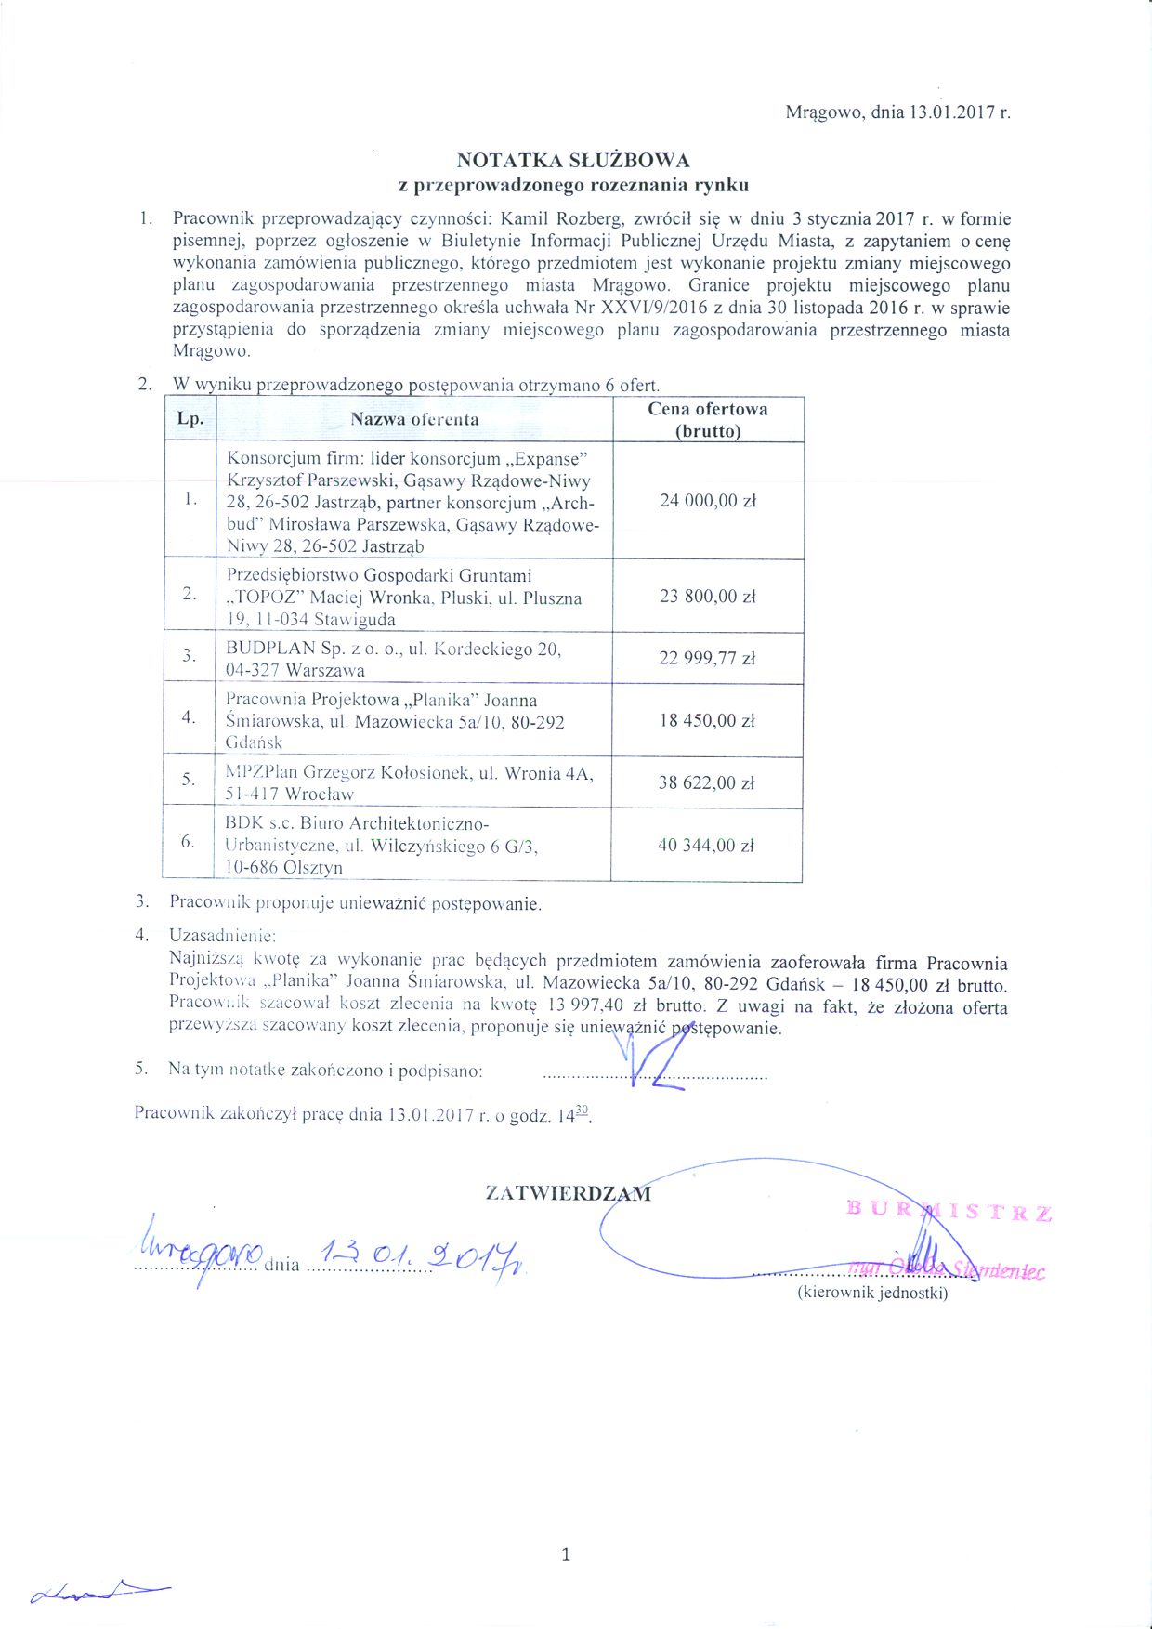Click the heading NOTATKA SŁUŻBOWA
coord(572,160)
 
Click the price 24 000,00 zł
coord(708,501)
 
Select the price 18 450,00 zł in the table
coord(707,720)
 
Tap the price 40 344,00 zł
coord(705,846)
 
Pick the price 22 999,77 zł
coord(707,658)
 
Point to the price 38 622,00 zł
coord(706,782)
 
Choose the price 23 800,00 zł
coord(707,597)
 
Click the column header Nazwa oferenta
coord(414,419)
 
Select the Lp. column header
coord(190,419)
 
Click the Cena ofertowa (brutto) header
coord(708,419)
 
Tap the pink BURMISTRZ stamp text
coord(949,1211)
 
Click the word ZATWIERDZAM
coord(568,1194)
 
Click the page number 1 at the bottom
coord(566,1555)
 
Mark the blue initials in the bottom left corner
coord(98,1592)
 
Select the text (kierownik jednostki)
coord(872,1293)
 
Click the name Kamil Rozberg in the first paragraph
coord(561,219)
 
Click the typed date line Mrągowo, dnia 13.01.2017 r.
coord(897,112)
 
